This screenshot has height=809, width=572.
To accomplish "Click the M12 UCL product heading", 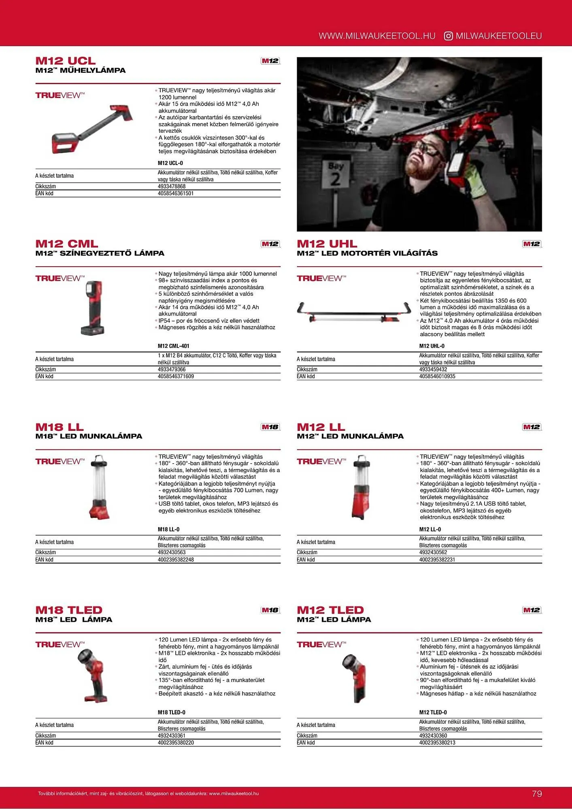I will pos(66,61).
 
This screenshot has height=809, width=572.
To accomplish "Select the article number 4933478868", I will pos(172,186).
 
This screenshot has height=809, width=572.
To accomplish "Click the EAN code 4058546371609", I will pos(176,377).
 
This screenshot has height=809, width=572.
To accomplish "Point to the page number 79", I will pos(537,794).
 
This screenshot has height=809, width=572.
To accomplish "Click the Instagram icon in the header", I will pos(448,36).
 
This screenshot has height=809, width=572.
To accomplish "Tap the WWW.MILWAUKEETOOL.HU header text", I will pos(377,36).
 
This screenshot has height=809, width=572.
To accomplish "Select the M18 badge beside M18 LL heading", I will pos(270,427).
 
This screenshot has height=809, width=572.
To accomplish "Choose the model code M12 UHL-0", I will pos(432,346).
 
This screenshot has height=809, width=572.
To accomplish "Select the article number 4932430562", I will pos(433,553).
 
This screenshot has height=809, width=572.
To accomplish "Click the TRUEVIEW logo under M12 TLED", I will pos(321,645).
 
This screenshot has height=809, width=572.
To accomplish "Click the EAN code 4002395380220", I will pos(176,743).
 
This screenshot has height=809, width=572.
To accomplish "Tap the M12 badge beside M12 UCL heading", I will pos(270,61).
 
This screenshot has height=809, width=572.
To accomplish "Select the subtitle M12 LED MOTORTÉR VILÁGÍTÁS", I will pos(367,254).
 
